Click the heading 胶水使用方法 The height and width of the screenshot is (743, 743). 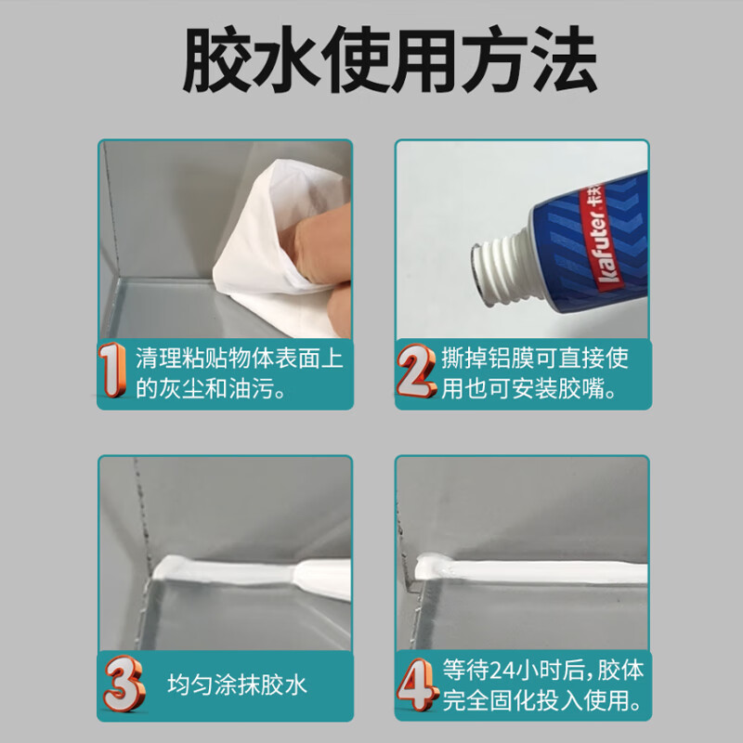pyautogui.click(x=389, y=60)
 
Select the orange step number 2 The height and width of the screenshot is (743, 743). pyautogui.click(x=415, y=370)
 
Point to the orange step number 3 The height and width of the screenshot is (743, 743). pyautogui.click(x=124, y=684)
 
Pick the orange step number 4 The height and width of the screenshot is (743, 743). pyautogui.click(x=417, y=684)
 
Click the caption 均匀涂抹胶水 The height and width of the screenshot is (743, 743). pyautogui.click(x=237, y=684)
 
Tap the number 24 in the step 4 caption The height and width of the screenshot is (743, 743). pyautogui.click(x=502, y=670)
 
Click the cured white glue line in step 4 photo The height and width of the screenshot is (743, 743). pyautogui.click(x=530, y=569)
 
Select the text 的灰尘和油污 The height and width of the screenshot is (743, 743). pyautogui.click(x=204, y=388)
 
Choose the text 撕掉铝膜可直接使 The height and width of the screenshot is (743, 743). pyautogui.click(x=535, y=358)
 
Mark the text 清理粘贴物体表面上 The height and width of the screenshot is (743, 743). pyautogui.click(x=239, y=358)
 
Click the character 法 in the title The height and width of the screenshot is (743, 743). pyautogui.click(x=563, y=60)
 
